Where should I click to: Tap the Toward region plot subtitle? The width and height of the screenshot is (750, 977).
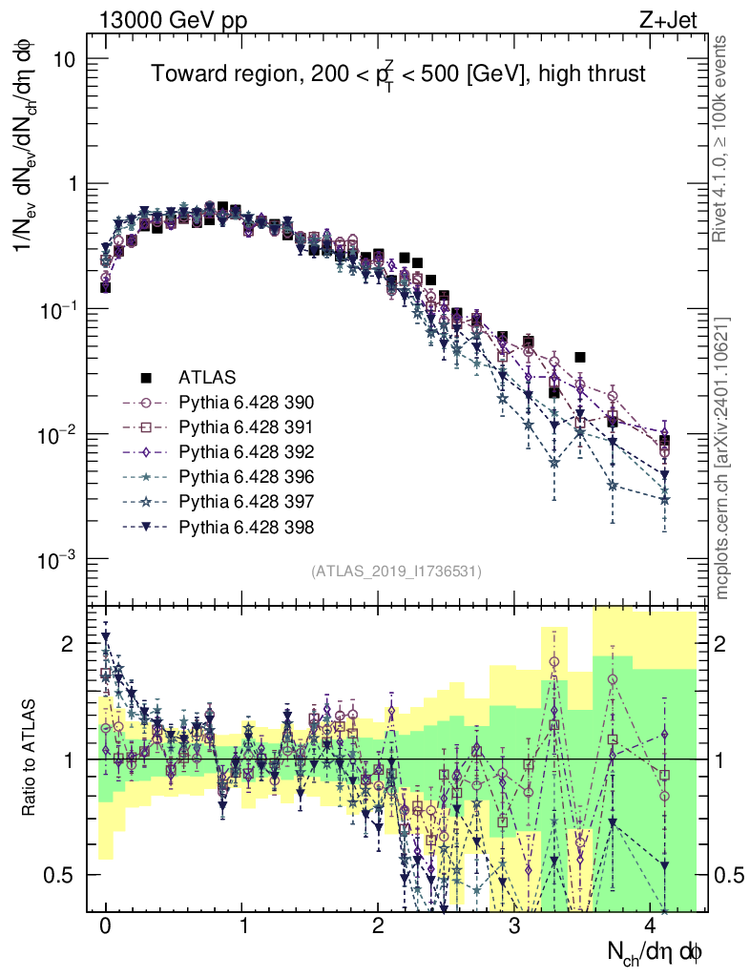click(399, 74)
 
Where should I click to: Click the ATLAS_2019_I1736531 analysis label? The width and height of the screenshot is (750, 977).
click(396, 572)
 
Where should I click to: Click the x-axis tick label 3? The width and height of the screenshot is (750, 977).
click(514, 926)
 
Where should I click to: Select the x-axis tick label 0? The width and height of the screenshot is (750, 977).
click(105, 926)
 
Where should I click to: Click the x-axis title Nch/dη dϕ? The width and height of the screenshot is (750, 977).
click(656, 951)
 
